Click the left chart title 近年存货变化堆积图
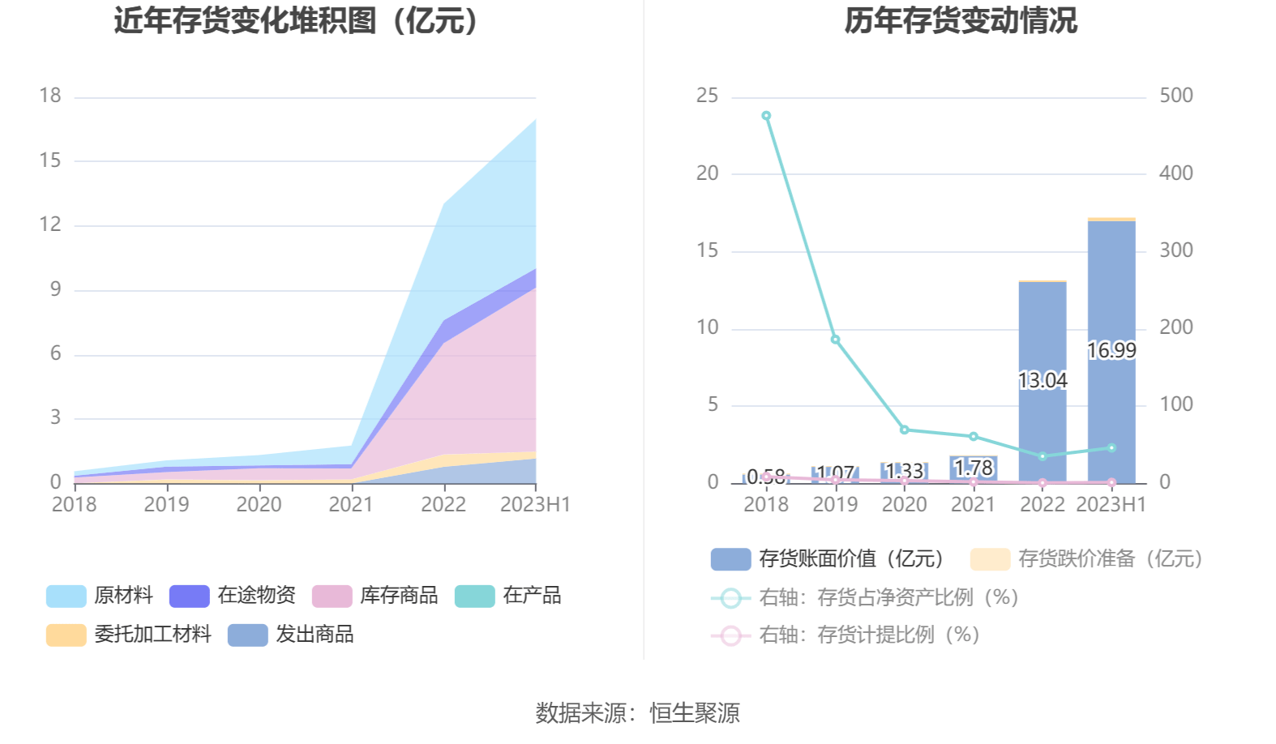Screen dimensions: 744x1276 pyautogui.click(x=297, y=20)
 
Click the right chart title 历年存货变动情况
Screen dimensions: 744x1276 pyautogui.click(x=961, y=20)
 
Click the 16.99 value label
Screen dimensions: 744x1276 pyautogui.click(x=1111, y=350)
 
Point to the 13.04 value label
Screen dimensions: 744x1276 pyautogui.click(x=1043, y=380)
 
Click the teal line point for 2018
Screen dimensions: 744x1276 pyautogui.click(x=766, y=116)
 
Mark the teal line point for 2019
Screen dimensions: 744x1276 pyautogui.click(x=835, y=340)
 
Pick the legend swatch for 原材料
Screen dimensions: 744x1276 pyautogui.click(x=66, y=596)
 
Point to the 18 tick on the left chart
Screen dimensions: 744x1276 pyautogui.click(x=50, y=96)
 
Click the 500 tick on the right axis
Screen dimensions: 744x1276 pyautogui.click(x=1175, y=96)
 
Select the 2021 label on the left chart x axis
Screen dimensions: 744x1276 pyautogui.click(x=351, y=504)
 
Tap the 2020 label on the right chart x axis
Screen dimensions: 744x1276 pyautogui.click(x=904, y=504)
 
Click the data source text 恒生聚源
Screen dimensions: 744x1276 pyautogui.click(x=695, y=713)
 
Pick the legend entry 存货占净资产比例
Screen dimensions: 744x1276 pyautogui.click(x=888, y=598)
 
